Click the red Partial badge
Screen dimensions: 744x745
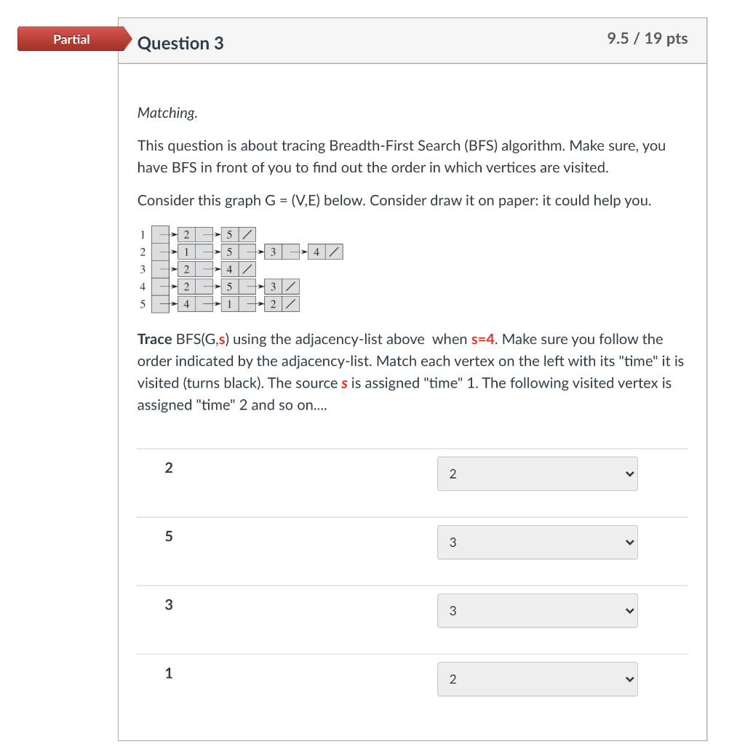[x=71, y=39]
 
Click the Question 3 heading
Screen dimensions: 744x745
[x=180, y=44]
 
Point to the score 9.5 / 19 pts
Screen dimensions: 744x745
[x=647, y=39]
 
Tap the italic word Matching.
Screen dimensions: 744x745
[x=167, y=113]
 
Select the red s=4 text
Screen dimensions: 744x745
[x=483, y=339]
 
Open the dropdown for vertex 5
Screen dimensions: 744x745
[x=537, y=543]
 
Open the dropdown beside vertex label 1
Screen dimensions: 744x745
[x=537, y=679]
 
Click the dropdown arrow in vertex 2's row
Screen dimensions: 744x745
[x=629, y=474]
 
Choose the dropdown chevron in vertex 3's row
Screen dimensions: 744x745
[x=629, y=611]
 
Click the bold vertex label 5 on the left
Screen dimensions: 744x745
[x=169, y=536]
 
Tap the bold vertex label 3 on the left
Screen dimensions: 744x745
[x=169, y=604]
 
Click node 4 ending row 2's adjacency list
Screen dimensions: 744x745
[x=316, y=252]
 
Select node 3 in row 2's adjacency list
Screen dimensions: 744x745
[x=273, y=252]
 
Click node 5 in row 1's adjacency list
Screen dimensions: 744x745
[x=229, y=235]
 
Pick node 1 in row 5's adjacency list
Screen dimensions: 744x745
[x=229, y=304]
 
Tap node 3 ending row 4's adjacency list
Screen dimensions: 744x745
[x=273, y=287]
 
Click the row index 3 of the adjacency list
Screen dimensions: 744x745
[x=143, y=269]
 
